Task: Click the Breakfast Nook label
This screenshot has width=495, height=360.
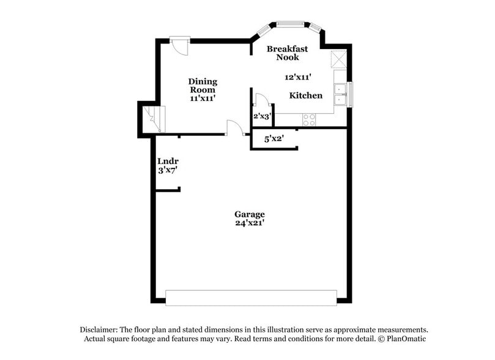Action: pyautogui.click(x=287, y=53)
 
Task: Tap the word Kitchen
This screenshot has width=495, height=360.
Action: pyautogui.click(x=305, y=96)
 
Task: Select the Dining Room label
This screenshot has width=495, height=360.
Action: pyautogui.click(x=203, y=86)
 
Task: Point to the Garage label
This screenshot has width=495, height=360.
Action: pyautogui.click(x=250, y=214)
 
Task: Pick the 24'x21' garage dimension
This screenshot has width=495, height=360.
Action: pyautogui.click(x=250, y=223)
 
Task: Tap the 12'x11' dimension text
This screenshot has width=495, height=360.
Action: pyautogui.click(x=299, y=77)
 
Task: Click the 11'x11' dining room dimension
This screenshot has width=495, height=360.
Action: pyautogui.click(x=203, y=98)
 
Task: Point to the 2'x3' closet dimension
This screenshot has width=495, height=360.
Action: pyautogui.click(x=262, y=116)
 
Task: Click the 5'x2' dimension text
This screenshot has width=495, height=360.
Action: pyautogui.click(x=274, y=139)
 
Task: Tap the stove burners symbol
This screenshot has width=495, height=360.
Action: pyautogui.click(x=309, y=119)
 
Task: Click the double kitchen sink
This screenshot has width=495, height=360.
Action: pyautogui.click(x=340, y=94)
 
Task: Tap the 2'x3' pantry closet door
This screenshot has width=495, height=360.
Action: pyautogui.click(x=261, y=100)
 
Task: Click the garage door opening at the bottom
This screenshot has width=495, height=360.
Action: pyautogui.click(x=251, y=298)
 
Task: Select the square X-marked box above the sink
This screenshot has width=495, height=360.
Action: pyautogui.click(x=338, y=59)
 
